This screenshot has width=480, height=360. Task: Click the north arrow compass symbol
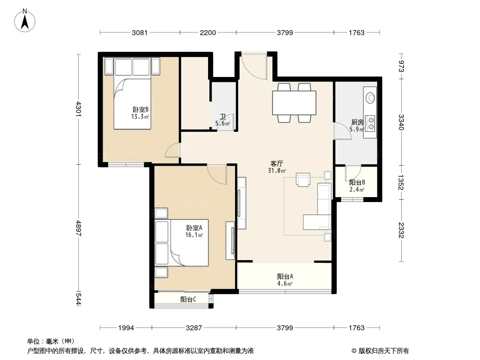click(25, 21)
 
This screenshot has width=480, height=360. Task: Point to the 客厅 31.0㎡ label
click(277, 167)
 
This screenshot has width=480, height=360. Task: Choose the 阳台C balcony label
click(188, 299)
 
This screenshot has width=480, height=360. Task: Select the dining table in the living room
click(294, 103)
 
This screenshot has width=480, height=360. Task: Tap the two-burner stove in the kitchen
click(371, 123)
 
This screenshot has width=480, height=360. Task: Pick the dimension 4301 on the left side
click(79, 109)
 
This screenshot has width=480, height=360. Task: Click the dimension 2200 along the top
click(208, 32)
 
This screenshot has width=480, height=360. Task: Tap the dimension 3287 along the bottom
click(194, 328)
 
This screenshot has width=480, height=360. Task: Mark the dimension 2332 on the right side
click(401, 230)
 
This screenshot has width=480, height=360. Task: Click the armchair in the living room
click(303, 180)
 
